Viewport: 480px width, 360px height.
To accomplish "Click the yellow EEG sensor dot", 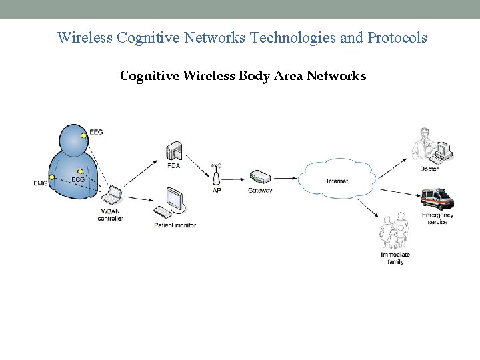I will pyautogui.click(x=84, y=137).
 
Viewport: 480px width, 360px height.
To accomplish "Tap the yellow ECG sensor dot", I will pyautogui.click(x=80, y=171).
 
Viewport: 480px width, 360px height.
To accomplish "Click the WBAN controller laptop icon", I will pyautogui.click(x=111, y=195).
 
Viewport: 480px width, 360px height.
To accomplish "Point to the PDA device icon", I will pyautogui.click(x=174, y=152).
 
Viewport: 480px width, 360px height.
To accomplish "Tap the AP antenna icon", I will pyautogui.click(x=216, y=175).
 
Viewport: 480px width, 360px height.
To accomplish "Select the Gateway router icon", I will pyautogui.click(x=260, y=177).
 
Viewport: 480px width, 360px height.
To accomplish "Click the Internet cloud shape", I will pyautogui.click(x=337, y=179).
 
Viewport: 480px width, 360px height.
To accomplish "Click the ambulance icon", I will pyautogui.click(x=437, y=199).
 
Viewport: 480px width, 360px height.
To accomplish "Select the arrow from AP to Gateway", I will pyautogui.click(x=236, y=179).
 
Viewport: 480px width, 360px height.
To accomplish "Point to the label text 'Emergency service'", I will pyautogui.click(x=437, y=219).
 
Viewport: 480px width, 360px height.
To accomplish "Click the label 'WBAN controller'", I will pyautogui.click(x=111, y=215).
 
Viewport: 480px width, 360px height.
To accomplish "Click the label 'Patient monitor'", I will pyautogui.click(x=175, y=225).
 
